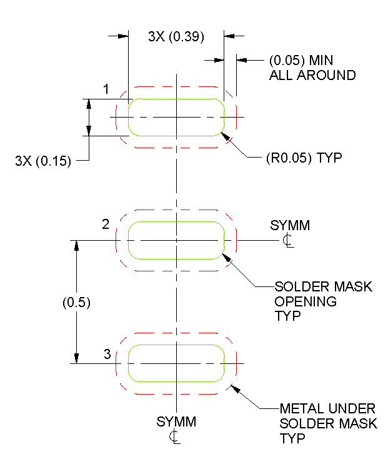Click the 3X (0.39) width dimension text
(x=176, y=36)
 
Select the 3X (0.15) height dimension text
(x=43, y=161)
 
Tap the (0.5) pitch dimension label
(x=77, y=302)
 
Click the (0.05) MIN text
(x=301, y=61)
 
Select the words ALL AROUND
(x=312, y=75)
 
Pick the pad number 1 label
(x=106, y=89)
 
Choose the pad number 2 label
(x=106, y=224)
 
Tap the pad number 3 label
(x=107, y=355)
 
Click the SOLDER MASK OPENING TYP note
(x=323, y=301)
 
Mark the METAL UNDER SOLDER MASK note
(x=328, y=423)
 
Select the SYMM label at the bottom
(x=176, y=421)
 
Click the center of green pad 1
(x=176, y=117)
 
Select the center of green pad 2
(x=176, y=240)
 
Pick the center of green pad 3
(x=176, y=363)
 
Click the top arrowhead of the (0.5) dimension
(x=77, y=246)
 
